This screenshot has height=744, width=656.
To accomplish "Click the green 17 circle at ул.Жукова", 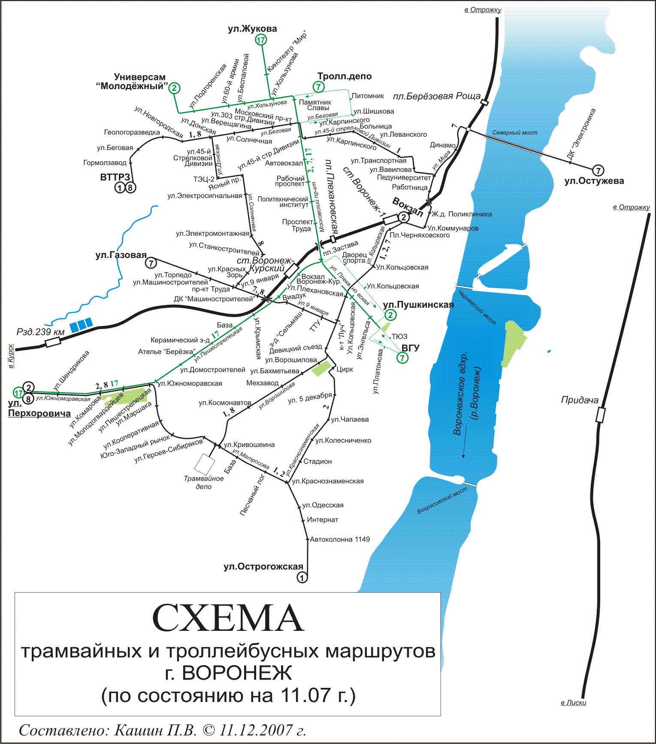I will [x=261, y=40].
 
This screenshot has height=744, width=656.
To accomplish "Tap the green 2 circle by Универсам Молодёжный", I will [x=174, y=88].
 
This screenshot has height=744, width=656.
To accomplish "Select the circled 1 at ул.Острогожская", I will [x=302, y=578].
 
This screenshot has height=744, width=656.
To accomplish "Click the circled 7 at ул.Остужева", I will [x=598, y=170].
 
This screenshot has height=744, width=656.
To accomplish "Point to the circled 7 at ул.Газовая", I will [x=151, y=263].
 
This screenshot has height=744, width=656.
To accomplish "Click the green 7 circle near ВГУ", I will [x=402, y=358].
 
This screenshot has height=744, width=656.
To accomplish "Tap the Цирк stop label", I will [x=345, y=369].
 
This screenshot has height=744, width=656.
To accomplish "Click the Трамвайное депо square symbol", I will [x=204, y=464].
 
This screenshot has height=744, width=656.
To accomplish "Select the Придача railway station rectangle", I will [x=601, y=415].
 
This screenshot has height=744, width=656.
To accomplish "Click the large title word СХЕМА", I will [x=228, y=618].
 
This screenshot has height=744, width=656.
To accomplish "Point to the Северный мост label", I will [x=514, y=133].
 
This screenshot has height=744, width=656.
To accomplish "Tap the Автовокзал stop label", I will [x=284, y=163].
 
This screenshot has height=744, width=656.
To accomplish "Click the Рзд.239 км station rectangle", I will [x=53, y=342].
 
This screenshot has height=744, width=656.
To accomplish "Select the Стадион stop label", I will [x=317, y=462].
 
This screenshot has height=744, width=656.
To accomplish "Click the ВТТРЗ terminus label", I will [x=115, y=177].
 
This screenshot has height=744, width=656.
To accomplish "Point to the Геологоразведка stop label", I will [x=132, y=132].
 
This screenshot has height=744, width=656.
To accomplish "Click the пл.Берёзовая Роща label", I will [x=437, y=96].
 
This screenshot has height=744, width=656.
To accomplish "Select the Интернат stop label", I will [x=322, y=520].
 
